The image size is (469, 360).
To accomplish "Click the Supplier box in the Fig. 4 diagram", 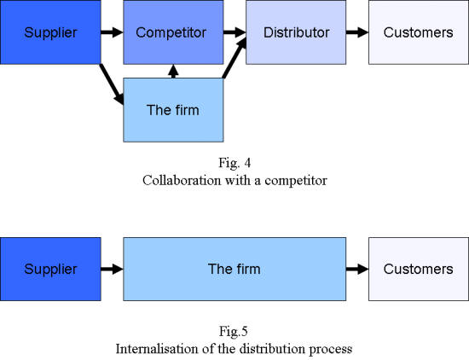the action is (x=50, y=32).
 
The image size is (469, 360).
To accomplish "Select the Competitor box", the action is (x=173, y=32).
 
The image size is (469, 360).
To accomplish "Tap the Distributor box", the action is (x=296, y=32).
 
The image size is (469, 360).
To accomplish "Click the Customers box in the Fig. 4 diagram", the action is (x=419, y=32).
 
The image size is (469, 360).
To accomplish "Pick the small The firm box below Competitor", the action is (x=173, y=110).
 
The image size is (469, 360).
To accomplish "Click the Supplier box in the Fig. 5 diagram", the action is (x=50, y=269).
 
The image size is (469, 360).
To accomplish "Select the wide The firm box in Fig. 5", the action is (x=234, y=269).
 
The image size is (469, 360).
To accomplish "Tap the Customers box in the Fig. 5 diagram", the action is (x=419, y=269).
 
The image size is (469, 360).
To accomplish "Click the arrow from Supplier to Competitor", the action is (x=112, y=32).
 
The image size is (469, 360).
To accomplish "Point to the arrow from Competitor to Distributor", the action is (x=234, y=32).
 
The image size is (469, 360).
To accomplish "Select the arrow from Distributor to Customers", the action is (x=357, y=32).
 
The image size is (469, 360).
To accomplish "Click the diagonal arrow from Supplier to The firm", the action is (x=112, y=84).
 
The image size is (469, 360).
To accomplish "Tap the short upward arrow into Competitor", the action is (x=173, y=71).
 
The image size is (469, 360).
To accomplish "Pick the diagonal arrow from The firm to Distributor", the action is (x=234, y=58).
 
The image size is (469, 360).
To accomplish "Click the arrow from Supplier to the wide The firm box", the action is (x=112, y=269).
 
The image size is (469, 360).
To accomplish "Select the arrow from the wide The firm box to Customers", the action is (x=357, y=269).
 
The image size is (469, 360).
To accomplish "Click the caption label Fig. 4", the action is (x=234, y=164).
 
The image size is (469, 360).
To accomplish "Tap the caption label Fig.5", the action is (x=234, y=332).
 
